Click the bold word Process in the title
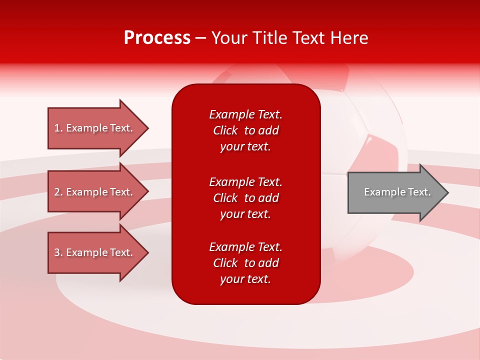tap(157, 38)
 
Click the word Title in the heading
tap(269, 38)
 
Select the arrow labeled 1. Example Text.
tap(95, 128)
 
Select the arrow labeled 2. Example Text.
tap(95, 192)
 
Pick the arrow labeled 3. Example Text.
tap(95, 252)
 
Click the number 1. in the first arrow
tap(58, 128)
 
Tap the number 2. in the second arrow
tap(58, 192)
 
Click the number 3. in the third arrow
tap(58, 252)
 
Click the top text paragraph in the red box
tap(245, 130)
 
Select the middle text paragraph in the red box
tap(245, 198)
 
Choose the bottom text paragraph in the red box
tap(245, 263)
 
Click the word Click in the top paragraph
tap(225, 130)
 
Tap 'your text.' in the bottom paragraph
tap(245, 279)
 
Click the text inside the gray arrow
tap(397, 192)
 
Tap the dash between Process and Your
tap(201, 38)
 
